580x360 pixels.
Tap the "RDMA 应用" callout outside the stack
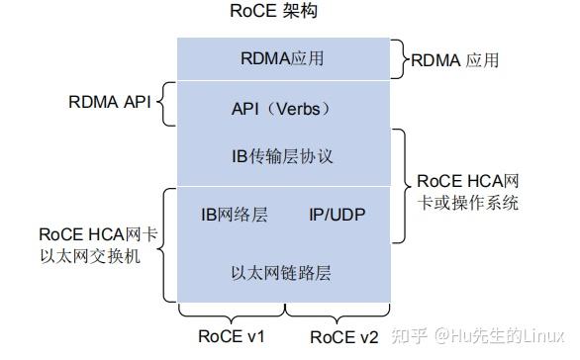pyautogui.click(x=456, y=60)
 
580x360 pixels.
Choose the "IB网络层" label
pyautogui.click(x=234, y=215)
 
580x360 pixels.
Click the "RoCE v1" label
pyautogui.click(x=231, y=337)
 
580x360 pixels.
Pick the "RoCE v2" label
pyautogui.click(x=343, y=337)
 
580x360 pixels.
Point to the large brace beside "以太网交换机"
pyautogui.click(x=165, y=243)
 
